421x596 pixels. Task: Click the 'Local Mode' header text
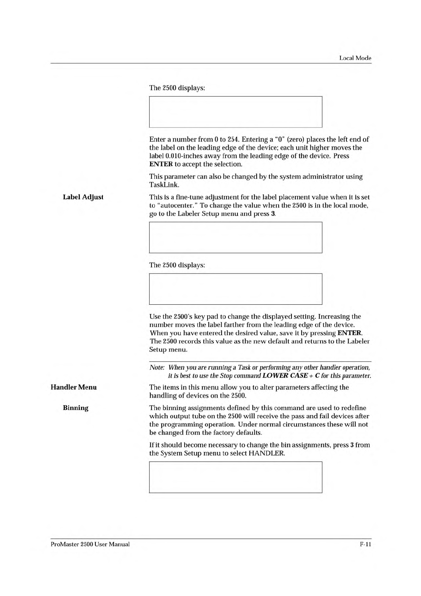355,58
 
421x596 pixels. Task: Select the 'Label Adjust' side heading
83,197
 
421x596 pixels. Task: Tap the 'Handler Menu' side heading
74,387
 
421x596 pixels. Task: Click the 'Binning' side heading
76,408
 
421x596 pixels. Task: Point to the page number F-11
365,544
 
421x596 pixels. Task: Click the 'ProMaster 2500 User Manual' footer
90,544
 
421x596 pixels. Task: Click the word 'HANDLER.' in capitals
267,453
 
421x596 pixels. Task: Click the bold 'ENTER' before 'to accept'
161,164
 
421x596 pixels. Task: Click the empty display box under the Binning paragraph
235,477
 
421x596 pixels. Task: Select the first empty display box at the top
235,112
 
